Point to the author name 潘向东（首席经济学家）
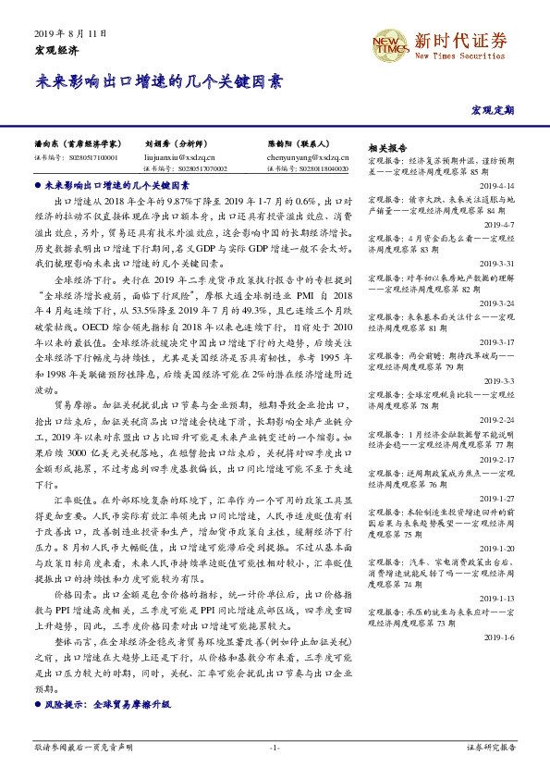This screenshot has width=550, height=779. (x=78, y=144)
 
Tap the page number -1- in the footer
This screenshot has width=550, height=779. (x=274, y=747)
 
